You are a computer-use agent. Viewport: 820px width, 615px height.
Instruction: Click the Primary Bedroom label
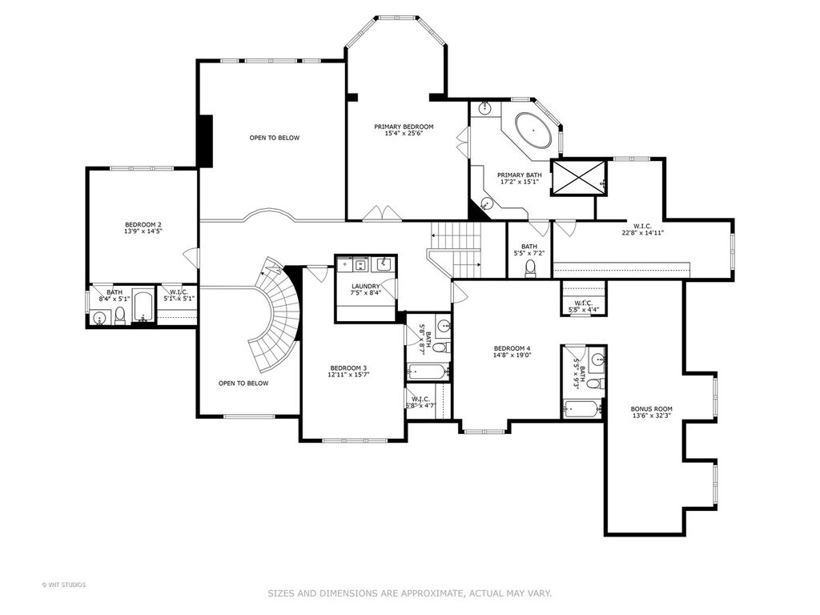click(x=404, y=127)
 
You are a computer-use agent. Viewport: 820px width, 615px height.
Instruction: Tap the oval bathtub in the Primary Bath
click(x=533, y=129)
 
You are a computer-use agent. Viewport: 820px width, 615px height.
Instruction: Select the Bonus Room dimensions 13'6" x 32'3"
click(x=651, y=416)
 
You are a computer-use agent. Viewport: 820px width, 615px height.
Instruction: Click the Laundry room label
click(x=365, y=286)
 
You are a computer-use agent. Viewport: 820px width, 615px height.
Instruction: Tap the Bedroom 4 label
click(x=512, y=348)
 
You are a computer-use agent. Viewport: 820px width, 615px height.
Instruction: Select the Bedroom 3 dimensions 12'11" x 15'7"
click(x=348, y=375)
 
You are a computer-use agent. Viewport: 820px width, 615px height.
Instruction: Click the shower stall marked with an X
click(x=578, y=178)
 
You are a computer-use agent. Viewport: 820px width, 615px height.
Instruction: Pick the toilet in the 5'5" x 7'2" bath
click(x=530, y=268)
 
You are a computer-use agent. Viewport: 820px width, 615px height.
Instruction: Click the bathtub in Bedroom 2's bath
click(x=143, y=307)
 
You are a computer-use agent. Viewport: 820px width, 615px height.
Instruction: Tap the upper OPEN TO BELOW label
click(x=275, y=138)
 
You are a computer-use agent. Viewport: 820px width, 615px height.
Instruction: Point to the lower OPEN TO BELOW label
click(x=243, y=384)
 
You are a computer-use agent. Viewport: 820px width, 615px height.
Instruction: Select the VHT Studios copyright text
click(x=64, y=585)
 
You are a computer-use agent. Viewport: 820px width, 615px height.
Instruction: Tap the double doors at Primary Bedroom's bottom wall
click(x=382, y=213)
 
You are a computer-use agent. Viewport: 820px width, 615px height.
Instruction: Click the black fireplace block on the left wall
click(x=204, y=141)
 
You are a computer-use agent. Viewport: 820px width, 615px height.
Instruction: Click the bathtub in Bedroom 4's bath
click(x=582, y=408)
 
